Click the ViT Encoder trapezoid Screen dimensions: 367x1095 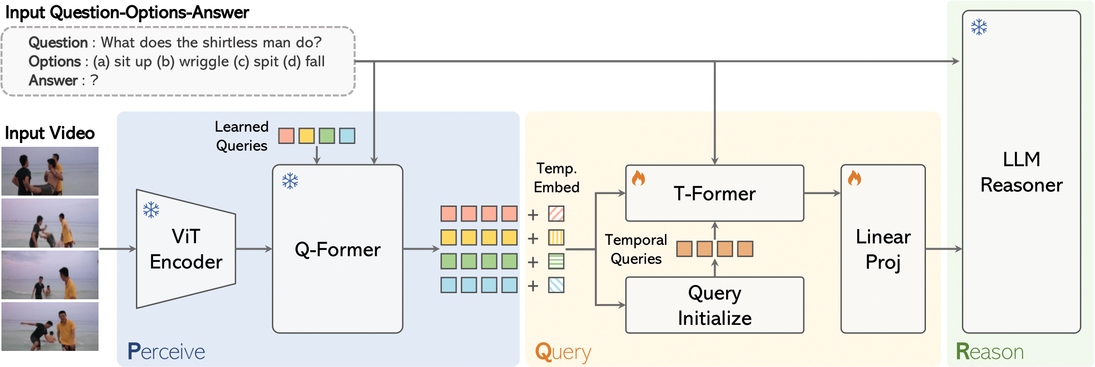186,249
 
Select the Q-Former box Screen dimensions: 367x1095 337,249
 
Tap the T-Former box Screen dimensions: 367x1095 714,193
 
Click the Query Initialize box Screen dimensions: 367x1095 714,305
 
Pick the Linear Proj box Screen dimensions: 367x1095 883,249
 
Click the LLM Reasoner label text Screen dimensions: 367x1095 1021,172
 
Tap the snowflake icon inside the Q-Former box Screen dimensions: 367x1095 290,181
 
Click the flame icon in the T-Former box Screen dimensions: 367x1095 638,179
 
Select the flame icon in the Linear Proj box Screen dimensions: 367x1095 854,179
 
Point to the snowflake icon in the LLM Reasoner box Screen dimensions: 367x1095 978,27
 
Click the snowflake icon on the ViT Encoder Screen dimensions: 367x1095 151,210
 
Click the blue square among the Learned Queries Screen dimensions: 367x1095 347,136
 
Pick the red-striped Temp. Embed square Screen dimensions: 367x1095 556,214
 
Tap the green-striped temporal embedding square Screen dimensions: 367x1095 556,261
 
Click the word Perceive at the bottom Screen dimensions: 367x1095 166,352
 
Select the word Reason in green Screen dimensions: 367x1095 989,352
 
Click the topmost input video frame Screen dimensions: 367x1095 50,171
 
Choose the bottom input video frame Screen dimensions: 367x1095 50,326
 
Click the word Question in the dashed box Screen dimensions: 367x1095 58,43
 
